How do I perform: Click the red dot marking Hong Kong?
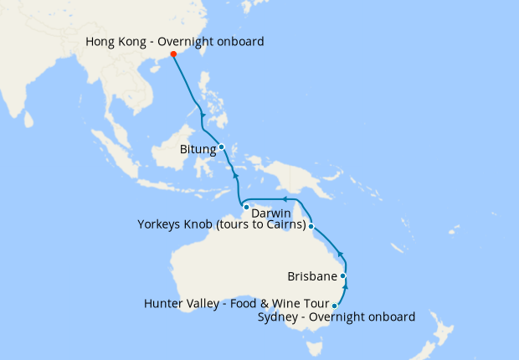point(173,54)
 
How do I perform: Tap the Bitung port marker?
point(222,147)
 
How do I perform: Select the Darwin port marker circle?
point(246,206)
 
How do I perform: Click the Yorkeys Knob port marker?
point(311,226)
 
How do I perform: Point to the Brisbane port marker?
point(343,275)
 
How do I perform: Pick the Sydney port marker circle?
point(335,306)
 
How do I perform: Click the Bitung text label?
point(198,150)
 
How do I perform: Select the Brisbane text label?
point(311,276)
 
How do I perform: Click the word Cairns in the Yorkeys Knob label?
point(282,224)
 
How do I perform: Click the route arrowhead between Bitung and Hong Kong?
point(203,115)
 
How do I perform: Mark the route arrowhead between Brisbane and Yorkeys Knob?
point(339,254)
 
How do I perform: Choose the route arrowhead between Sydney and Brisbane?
point(346,287)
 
